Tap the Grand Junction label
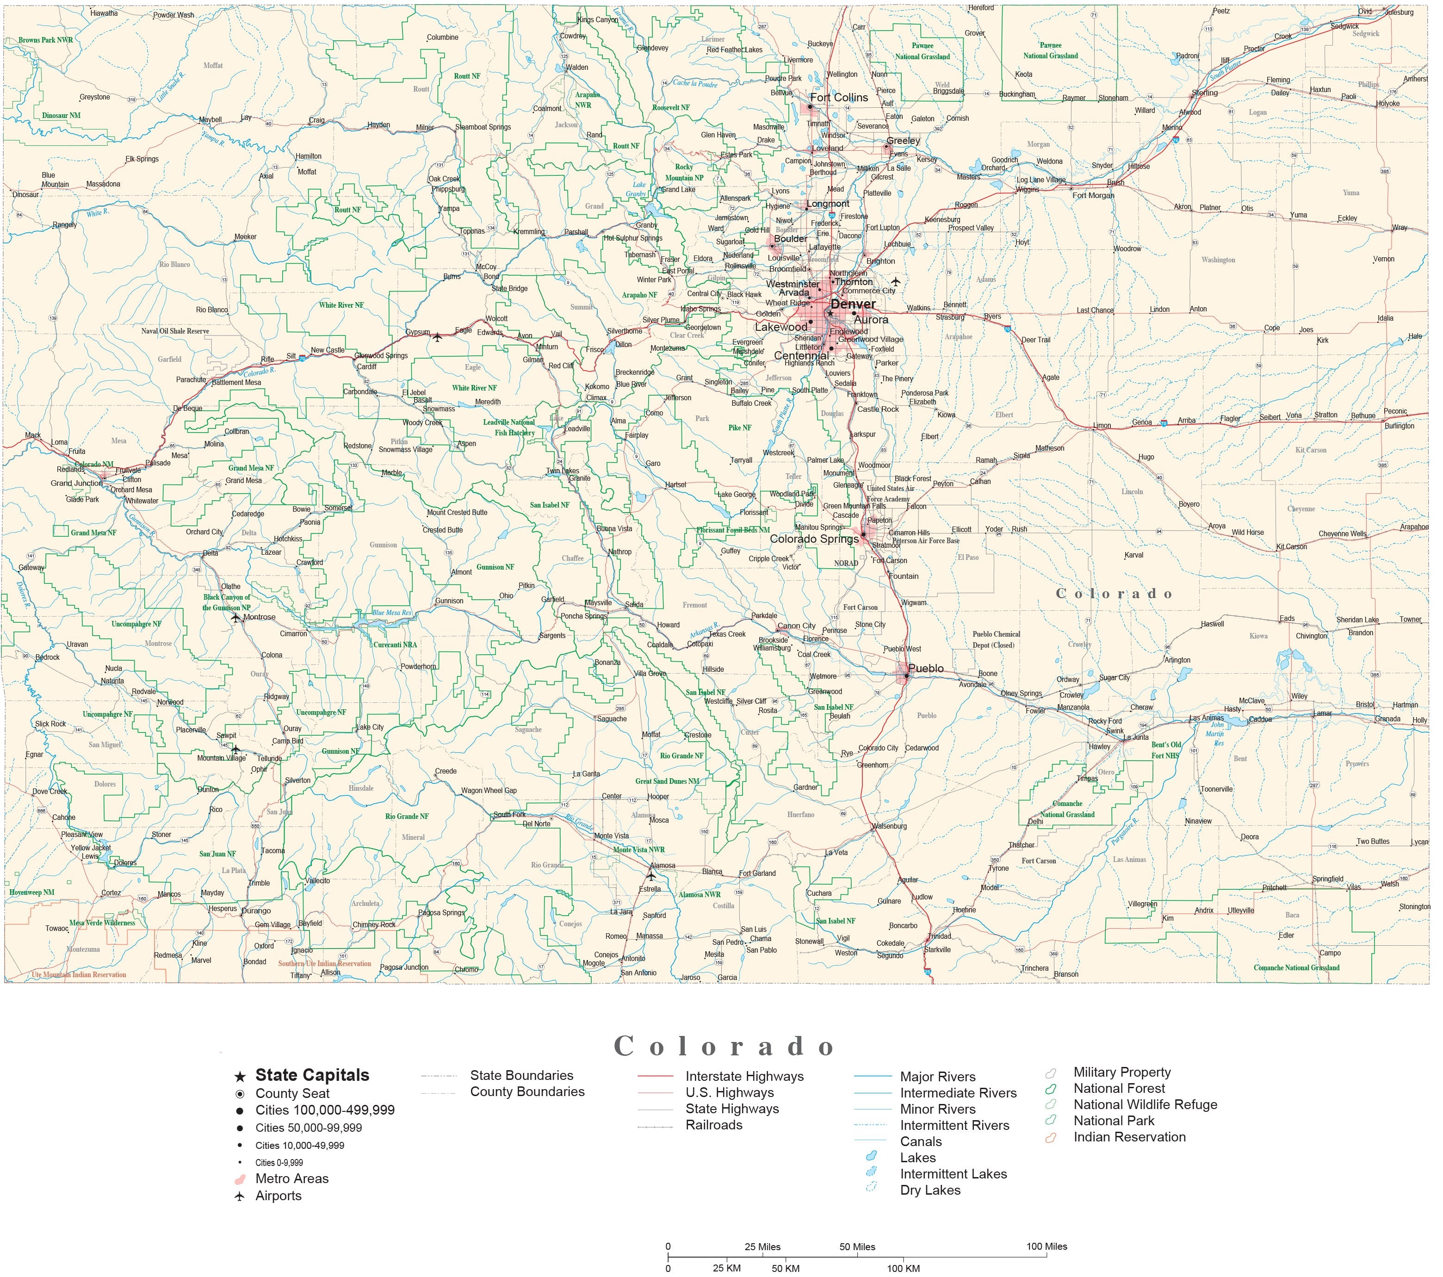tap(76, 484)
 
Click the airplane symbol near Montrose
tap(236, 618)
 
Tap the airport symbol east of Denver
tap(896, 282)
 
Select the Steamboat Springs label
tap(483, 127)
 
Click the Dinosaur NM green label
tap(62, 115)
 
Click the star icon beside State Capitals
tap(240, 1077)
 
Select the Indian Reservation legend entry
tap(1129, 1137)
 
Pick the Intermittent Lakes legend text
tap(953, 1174)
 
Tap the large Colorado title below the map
tap(725, 1046)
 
